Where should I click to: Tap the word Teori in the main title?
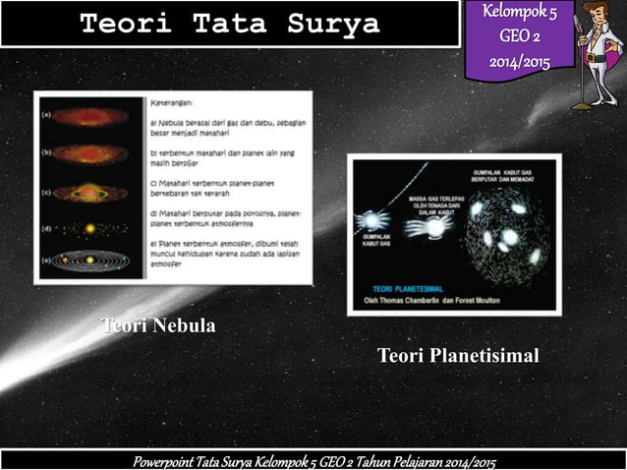point(120,25)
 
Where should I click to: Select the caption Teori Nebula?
point(158,325)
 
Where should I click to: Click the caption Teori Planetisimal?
point(458,355)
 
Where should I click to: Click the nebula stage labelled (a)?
point(89,116)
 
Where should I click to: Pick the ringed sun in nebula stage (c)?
point(89,193)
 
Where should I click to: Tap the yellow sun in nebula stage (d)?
point(89,228)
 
